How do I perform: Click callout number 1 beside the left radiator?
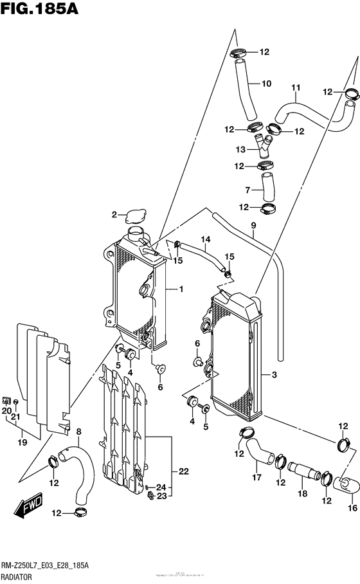click(x=181, y=289)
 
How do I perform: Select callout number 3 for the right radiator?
click(x=274, y=375)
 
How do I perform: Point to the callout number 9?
click(x=253, y=225)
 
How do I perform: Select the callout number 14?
click(x=205, y=241)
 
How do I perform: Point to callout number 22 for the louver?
click(x=183, y=471)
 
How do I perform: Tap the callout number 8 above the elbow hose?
click(x=78, y=432)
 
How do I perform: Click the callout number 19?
click(x=22, y=443)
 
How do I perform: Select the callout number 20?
click(x=6, y=411)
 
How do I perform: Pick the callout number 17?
click(x=257, y=478)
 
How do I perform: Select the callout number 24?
click(x=161, y=486)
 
